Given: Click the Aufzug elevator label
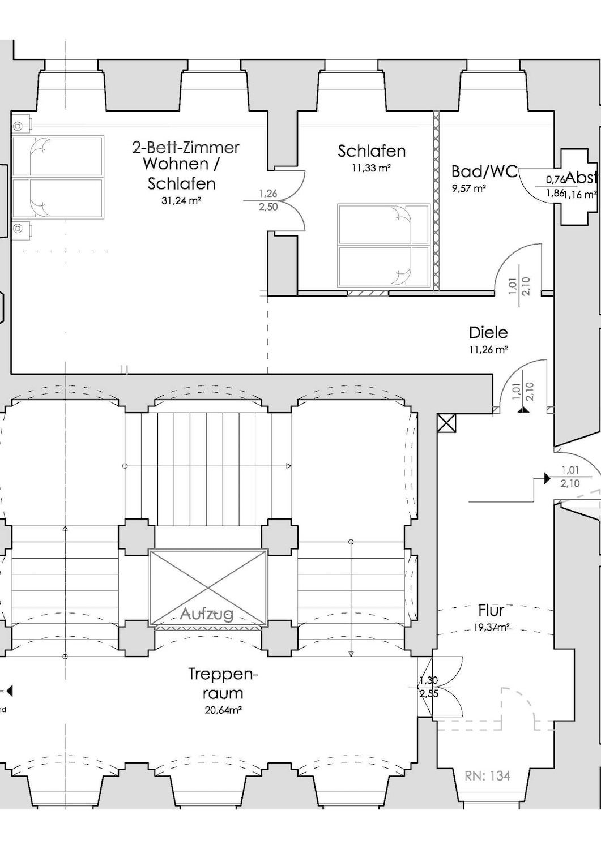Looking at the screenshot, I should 207,614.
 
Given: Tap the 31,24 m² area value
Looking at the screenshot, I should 182,200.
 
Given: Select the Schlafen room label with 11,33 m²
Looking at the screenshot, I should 372,151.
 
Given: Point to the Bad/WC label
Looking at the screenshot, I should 484,171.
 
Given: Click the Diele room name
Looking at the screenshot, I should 488,332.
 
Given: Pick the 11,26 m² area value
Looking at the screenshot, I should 488,350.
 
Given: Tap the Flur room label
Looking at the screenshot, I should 491,610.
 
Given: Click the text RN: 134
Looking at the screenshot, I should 487,776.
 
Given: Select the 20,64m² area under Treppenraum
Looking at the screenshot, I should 223,710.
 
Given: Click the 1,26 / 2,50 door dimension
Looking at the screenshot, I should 268,201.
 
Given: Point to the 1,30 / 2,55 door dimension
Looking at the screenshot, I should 429,687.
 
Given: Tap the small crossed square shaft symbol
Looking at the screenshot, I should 446,423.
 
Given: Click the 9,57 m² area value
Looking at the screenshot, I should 469,188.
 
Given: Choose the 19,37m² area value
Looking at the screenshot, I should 492,627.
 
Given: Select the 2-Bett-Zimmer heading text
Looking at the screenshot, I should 186,148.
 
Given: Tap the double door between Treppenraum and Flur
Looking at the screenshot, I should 447,687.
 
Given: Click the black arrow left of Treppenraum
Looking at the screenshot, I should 8,691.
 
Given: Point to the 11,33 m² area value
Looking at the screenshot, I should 372,168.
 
